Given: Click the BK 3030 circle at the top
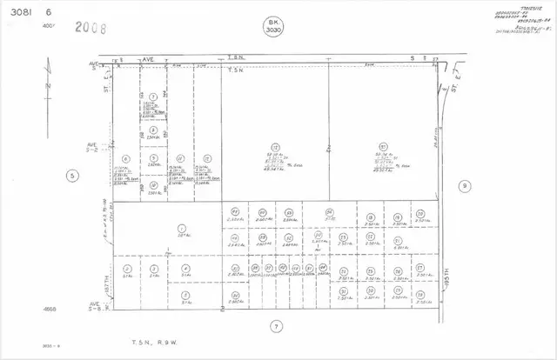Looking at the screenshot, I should tap(276, 26).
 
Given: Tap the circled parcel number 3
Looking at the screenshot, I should tap(153, 268).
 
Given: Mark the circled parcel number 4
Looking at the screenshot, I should tap(186, 268).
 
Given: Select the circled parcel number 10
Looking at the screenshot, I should tap(153, 184).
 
